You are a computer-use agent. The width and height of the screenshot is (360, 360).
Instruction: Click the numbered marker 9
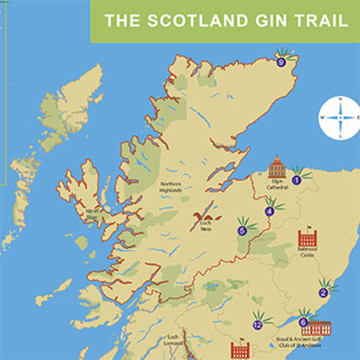[281, 63]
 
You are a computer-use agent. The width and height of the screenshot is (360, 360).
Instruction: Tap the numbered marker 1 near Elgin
[296, 181]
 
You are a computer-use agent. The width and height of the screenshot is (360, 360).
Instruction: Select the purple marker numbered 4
[269, 211]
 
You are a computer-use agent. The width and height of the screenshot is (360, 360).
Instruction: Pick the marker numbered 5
[242, 230]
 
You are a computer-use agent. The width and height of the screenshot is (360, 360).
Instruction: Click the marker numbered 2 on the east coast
[323, 292]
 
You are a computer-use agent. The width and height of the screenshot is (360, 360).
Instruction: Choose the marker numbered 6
[304, 322]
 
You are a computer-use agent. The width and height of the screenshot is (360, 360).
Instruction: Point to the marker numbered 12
[258, 325]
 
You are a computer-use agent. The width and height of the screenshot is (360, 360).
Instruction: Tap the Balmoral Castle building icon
[308, 238]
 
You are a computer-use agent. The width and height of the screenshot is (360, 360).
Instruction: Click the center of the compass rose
[340, 118]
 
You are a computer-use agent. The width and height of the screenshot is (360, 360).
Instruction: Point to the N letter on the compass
[340, 100]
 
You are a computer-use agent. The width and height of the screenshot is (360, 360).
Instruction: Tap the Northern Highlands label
[171, 187]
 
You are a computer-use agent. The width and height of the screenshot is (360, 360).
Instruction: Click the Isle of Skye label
[93, 214]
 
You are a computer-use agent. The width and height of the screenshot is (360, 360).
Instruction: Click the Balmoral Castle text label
[308, 253]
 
